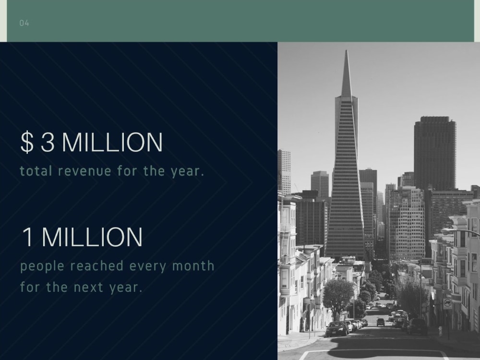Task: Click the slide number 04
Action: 24,23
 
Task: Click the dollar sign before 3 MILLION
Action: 27,143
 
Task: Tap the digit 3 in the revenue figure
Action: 48,143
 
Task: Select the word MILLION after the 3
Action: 112,143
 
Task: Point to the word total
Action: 36,171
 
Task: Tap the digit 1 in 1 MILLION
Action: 28,237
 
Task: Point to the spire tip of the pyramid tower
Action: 346,52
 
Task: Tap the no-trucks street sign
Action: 447,303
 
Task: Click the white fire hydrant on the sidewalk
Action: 440,331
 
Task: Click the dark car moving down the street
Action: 380,322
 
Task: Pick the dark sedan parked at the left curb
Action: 337,329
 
